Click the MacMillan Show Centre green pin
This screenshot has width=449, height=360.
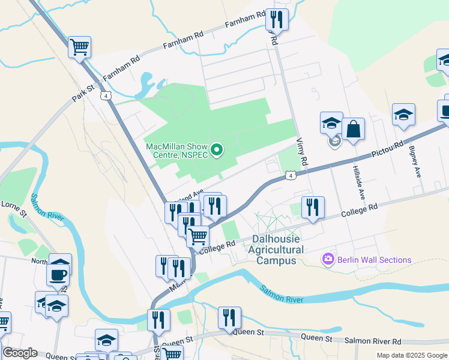coord(217,150)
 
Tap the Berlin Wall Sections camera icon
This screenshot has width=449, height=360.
coord(328,259)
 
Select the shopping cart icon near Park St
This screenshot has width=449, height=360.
coord(79,46)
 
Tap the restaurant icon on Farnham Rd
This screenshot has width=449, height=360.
coord(277,19)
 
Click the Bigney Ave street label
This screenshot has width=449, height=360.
coord(415,161)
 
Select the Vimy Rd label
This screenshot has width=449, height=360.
coord(302,152)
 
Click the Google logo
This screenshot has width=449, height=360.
coord(20,353)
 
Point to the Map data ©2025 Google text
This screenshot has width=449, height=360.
coord(411,355)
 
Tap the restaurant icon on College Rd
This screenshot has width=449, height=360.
coord(312,207)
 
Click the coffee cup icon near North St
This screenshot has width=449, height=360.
coord(59,275)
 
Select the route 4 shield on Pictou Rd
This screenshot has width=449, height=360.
coord(290,175)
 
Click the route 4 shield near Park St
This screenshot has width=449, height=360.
coord(106,95)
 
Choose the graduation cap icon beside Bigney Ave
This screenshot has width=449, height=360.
coord(403,114)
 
